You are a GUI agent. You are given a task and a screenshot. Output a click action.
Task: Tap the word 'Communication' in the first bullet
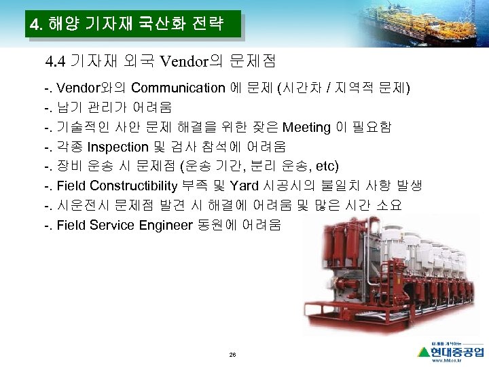pyautogui.click(x=178, y=88)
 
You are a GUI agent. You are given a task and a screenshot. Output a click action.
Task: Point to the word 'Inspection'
pyautogui.click(x=120, y=147)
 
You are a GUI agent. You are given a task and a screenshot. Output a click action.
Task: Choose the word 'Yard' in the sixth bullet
pyautogui.click(x=244, y=186)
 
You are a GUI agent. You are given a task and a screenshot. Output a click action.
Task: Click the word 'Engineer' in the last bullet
pyautogui.click(x=167, y=225)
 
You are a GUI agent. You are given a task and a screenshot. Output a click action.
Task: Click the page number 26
pyautogui.click(x=232, y=354)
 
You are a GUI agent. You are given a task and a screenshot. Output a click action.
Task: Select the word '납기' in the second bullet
pyautogui.click(x=68, y=107)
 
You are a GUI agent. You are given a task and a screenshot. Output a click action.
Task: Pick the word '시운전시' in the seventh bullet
pyautogui.click(x=81, y=206)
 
